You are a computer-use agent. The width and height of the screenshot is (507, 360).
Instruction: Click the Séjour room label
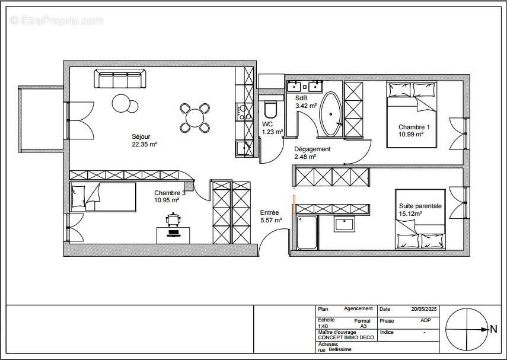pyautogui.click(x=141, y=137)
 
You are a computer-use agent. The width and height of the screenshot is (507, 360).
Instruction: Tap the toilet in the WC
pyautogui.click(x=270, y=110)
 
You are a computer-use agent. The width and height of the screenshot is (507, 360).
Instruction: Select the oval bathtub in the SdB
pyautogui.click(x=330, y=114)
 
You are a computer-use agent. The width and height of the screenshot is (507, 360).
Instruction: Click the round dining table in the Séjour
pyautogui.click(x=195, y=118)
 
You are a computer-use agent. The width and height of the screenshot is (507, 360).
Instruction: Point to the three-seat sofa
pyautogui.click(x=120, y=78)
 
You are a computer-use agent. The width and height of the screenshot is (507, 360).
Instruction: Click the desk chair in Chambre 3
pyautogui.click(x=173, y=219)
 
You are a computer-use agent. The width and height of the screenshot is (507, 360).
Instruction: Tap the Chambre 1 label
pyautogui.click(x=414, y=127)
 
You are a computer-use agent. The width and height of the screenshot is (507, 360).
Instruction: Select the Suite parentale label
pyautogui.click(x=420, y=206)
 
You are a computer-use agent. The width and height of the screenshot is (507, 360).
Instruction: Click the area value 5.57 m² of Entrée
pyautogui.click(x=271, y=220)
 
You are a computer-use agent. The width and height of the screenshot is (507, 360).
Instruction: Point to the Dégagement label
pyautogui.click(x=313, y=149)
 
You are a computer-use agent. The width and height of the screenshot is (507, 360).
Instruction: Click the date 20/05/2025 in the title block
pyautogui.click(x=424, y=309)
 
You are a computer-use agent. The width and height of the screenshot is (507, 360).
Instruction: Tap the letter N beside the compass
pyautogui.click(x=494, y=329)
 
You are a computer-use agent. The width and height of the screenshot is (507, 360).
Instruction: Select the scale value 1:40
pyautogui.click(x=323, y=326)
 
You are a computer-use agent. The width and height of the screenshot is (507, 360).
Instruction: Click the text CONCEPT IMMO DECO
pyautogui.click(x=346, y=337)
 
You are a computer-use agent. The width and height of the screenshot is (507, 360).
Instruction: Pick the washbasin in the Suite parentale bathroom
pyautogui.click(x=345, y=224)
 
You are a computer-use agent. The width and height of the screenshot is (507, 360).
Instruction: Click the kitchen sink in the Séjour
pyautogui.click(x=244, y=148)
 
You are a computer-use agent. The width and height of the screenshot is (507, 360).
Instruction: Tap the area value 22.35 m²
pyautogui.click(x=144, y=144)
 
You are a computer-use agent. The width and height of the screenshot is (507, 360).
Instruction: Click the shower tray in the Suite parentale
pyautogui.click(x=307, y=232)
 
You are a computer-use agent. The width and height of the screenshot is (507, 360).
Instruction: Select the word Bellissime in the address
pyautogui.click(x=340, y=349)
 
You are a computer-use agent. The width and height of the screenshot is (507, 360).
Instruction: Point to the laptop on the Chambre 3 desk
pyautogui.click(x=173, y=233)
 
